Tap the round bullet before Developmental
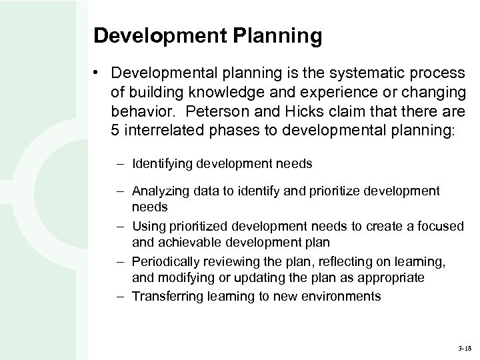coord(97,72)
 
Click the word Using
coord(147,227)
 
